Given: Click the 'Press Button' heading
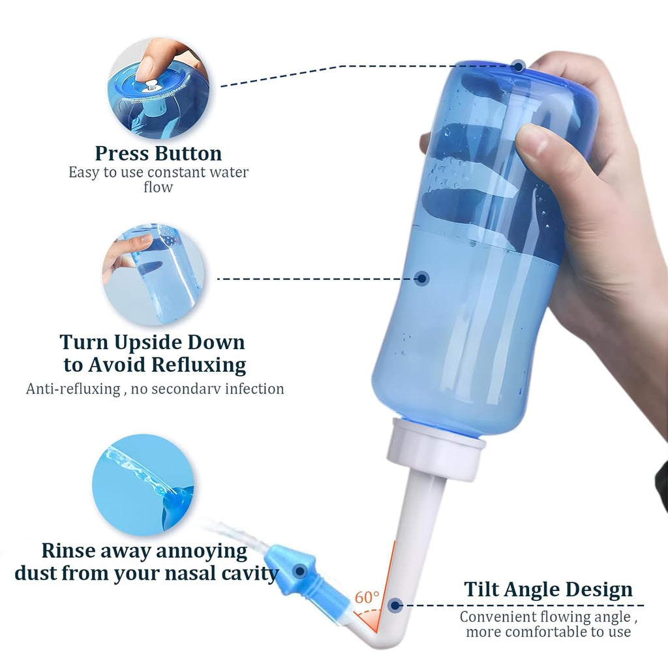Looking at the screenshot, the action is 158,153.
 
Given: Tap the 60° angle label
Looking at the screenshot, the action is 367,598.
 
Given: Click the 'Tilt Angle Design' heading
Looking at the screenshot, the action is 548,590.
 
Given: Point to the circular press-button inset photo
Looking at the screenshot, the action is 159,88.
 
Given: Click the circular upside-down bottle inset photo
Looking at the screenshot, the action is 153,274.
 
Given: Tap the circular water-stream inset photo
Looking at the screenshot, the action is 143,485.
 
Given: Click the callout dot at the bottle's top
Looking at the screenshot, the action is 519,67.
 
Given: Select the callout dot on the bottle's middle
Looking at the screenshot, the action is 422,279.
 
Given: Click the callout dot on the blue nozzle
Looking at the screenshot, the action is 300,571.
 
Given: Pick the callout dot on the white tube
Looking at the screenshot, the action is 395,605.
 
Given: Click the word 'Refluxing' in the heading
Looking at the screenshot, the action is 198,365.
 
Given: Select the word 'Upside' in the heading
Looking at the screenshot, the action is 149,343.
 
